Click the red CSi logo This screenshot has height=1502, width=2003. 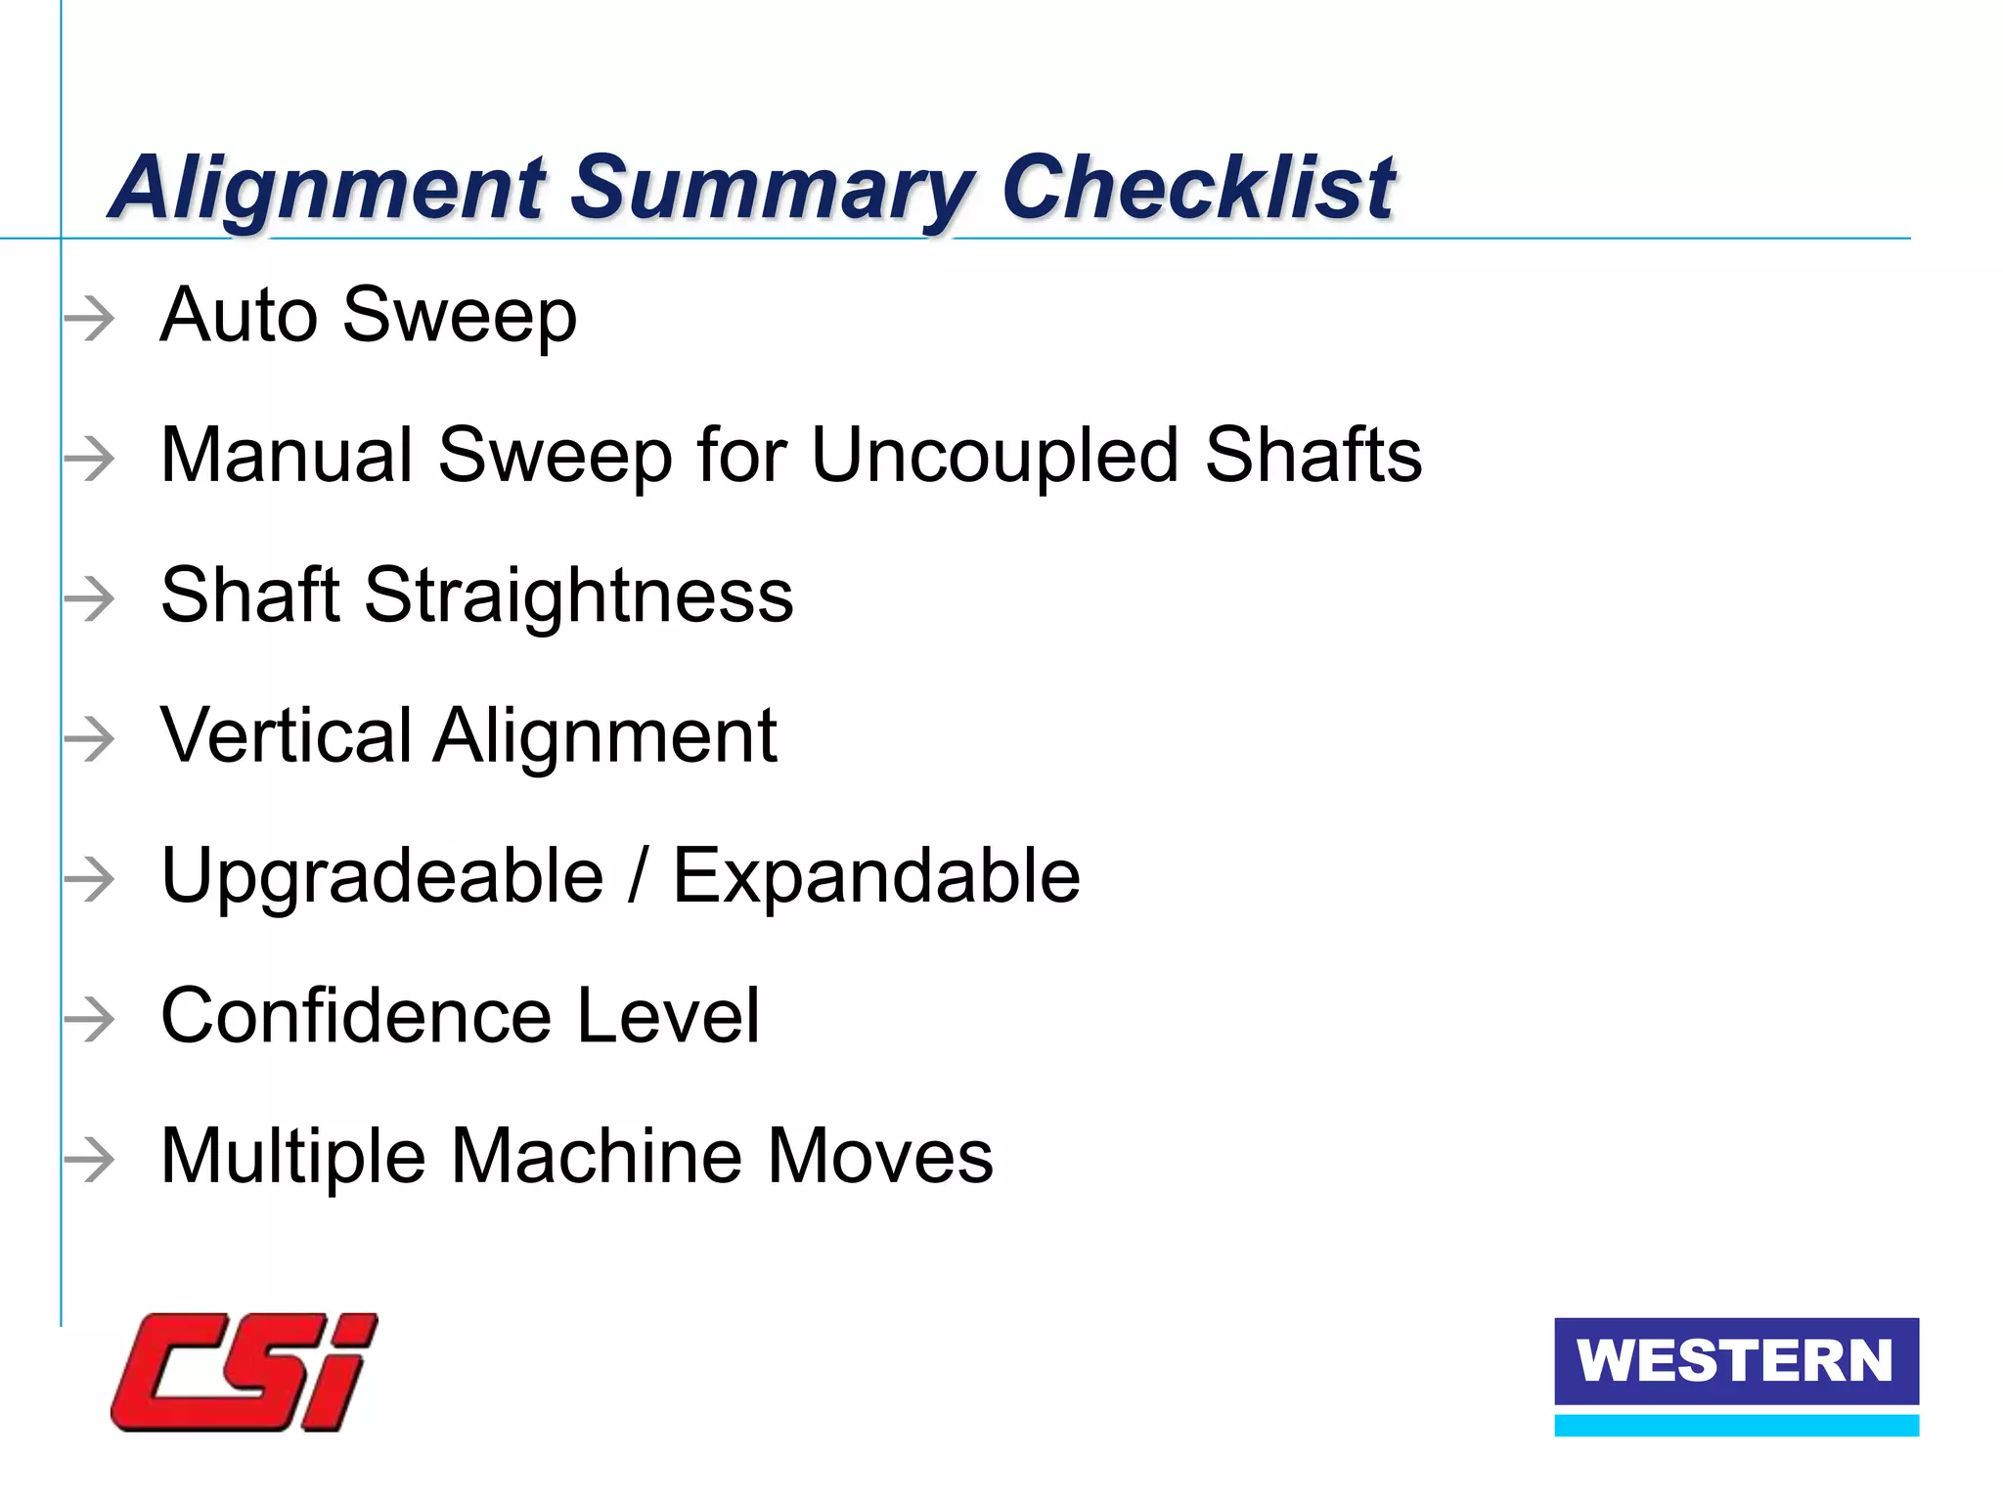pyautogui.click(x=245, y=1372)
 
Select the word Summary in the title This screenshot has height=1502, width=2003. pyautogui.click(x=772, y=189)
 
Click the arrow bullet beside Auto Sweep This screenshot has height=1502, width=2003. pyautogui.click(x=90, y=319)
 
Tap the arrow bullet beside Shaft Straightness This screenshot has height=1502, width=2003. pyautogui.click(x=90, y=598)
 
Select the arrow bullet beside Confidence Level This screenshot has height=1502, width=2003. pyautogui.click(x=90, y=1019)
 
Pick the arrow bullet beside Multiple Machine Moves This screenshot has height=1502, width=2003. pyautogui.click(x=90, y=1159)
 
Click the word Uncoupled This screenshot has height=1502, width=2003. pyautogui.click(x=995, y=457)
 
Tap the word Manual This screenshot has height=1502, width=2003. pyautogui.click(x=287, y=456)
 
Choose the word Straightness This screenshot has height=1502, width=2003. pyautogui.click(x=578, y=596)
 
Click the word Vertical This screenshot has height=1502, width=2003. pyautogui.click(x=287, y=735)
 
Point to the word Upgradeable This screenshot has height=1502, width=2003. pyautogui.click(x=381, y=877)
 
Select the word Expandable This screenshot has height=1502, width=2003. pyautogui.click(x=876, y=876)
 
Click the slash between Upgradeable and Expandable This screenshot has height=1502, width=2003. pyautogui.click(x=639, y=876)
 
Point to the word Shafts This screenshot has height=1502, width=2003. pyautogui.click(x=1313, y=456)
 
